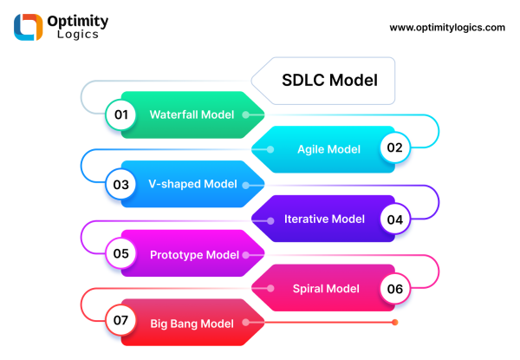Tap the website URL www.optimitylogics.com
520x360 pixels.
[447, 28]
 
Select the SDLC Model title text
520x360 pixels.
[329, 81]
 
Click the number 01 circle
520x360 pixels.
[120, 115]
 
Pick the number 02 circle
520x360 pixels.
[394, 148]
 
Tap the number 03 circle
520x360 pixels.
[120, 184]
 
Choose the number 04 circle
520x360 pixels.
[394, 219]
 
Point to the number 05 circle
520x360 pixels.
[120, 254]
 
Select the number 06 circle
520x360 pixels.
[394, 289]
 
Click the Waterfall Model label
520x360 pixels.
[192, 115]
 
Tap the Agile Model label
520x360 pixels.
[328, 149]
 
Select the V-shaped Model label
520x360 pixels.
[192, 184]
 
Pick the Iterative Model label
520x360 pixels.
[325, 219]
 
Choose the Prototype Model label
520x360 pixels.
[194, 254]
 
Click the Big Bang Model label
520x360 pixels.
[192, 324]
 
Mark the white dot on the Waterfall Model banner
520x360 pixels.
[246, 115]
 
